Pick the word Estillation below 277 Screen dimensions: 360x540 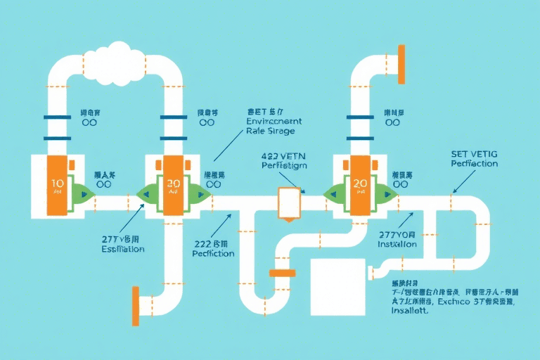point(122,249)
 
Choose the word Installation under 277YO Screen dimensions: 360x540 point(397,244)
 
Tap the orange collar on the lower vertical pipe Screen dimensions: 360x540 point(282,273)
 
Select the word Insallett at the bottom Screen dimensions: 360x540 point(410,311)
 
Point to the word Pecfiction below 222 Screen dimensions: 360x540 point(213,253)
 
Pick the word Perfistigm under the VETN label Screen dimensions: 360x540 point(283,166)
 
